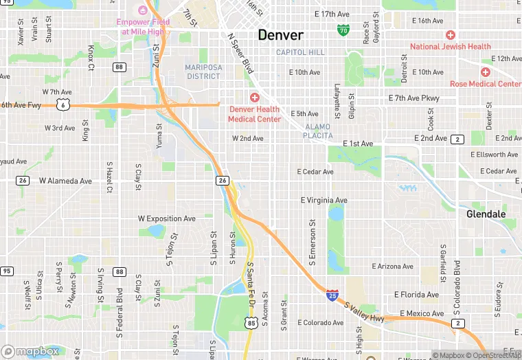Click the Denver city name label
[280, 35]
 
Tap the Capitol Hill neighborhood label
[300, 52]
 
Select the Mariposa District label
[203, 71]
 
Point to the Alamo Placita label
[317, 131]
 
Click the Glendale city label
[486, 214]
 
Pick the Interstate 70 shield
[343, 30]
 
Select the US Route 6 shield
[63, 105]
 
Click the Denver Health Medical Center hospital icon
[254, 98]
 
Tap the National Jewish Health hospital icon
[451, 35]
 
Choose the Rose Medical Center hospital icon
[486, 72]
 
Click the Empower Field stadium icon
[143, 10]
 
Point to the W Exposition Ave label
[166, 218]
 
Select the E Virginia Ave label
[324, 201]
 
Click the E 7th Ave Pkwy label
[413, 98]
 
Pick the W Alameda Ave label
[65, 181]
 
